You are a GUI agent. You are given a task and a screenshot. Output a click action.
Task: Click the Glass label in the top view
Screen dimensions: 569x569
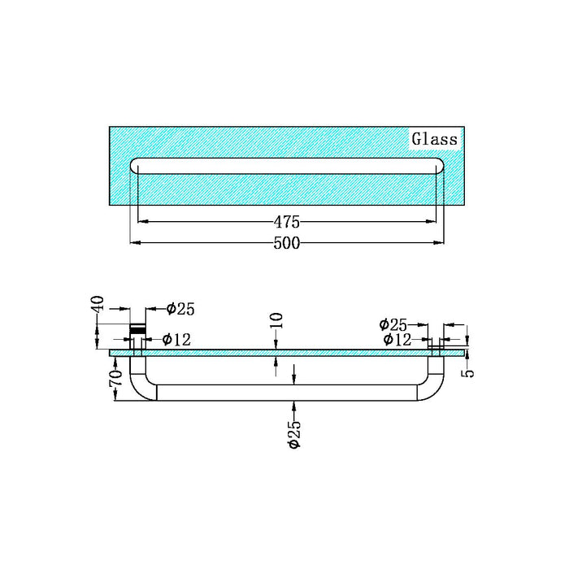pyautogui.click(x=433, y=139)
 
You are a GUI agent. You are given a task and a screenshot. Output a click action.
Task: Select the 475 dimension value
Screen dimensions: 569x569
pyautogui.click(x=287, y=221)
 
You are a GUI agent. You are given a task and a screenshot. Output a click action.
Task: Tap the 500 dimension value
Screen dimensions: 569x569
pyautogui.click(x=287, y=242)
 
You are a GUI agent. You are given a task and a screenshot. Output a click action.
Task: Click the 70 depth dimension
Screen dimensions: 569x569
pyautogui.click(x=115, y=378)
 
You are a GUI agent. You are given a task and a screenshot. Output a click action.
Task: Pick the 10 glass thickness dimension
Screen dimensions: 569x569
pyautogui.click(x=277, y=319)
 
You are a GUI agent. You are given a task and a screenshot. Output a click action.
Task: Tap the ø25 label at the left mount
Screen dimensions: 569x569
pyautogui.click(x=180, y=308)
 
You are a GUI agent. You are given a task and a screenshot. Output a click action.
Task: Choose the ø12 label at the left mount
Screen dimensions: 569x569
pyautogui.click(x=176, y=339)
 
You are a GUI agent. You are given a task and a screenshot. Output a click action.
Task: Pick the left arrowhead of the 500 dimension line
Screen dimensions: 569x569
pyautogui.click(x=135, y=242)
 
